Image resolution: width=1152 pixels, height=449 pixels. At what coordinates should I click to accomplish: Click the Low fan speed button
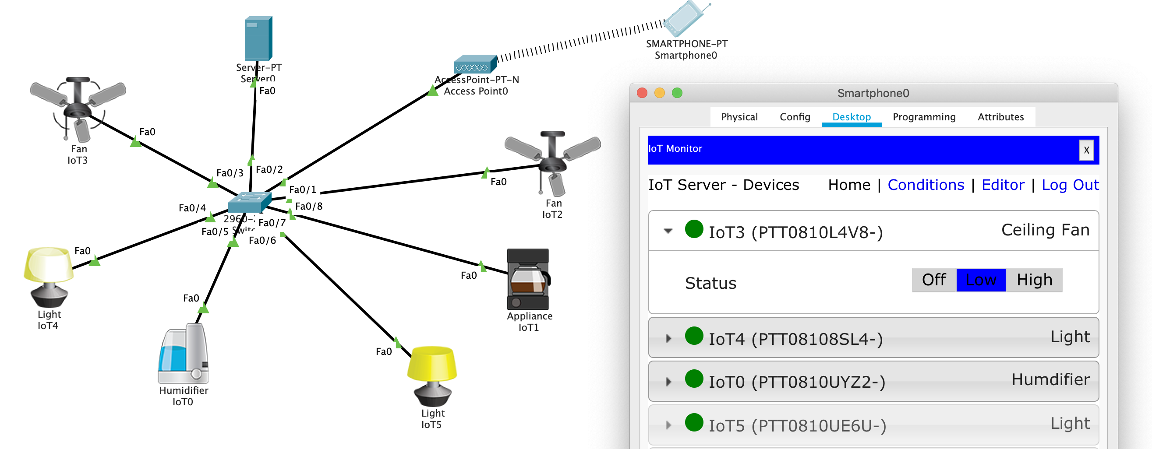[x=980, y=280]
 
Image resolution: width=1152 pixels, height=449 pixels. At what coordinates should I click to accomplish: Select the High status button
[x=1033, y=280]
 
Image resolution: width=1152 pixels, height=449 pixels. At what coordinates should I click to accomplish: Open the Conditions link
[x=925, y=185]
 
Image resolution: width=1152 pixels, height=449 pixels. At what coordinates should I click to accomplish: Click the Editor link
[x=1003, y=185]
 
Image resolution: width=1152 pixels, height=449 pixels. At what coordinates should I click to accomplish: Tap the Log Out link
[x=1070, y=185]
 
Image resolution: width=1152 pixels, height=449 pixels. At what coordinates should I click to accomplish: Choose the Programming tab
[x=923, y=117]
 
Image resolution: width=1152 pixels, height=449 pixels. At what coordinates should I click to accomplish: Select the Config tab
[x=795, y=117]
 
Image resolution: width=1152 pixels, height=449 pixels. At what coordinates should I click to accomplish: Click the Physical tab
[x=739, y=117]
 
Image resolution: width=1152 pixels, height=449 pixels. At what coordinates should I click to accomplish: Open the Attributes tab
[x=1000, y=117]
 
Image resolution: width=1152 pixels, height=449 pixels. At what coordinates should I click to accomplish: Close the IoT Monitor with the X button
[x=1086, y=150]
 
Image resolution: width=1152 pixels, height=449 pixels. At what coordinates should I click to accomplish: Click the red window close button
[x=642, y=93]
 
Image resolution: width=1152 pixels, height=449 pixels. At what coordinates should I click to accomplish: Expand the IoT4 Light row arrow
[x=668, y=339]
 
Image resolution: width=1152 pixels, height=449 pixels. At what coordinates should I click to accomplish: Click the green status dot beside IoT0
[x=694, y=379]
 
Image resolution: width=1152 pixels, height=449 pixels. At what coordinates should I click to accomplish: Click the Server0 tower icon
[x=258, y=39]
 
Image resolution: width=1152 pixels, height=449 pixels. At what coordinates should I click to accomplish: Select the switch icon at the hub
[x=249, y=202]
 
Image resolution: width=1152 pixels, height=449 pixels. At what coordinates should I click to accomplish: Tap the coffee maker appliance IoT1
[x=528, y=279]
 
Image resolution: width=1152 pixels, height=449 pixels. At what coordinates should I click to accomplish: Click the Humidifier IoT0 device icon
[x=184, y=354]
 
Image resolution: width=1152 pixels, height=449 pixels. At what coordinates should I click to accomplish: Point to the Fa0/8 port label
[x=308, y=207]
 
